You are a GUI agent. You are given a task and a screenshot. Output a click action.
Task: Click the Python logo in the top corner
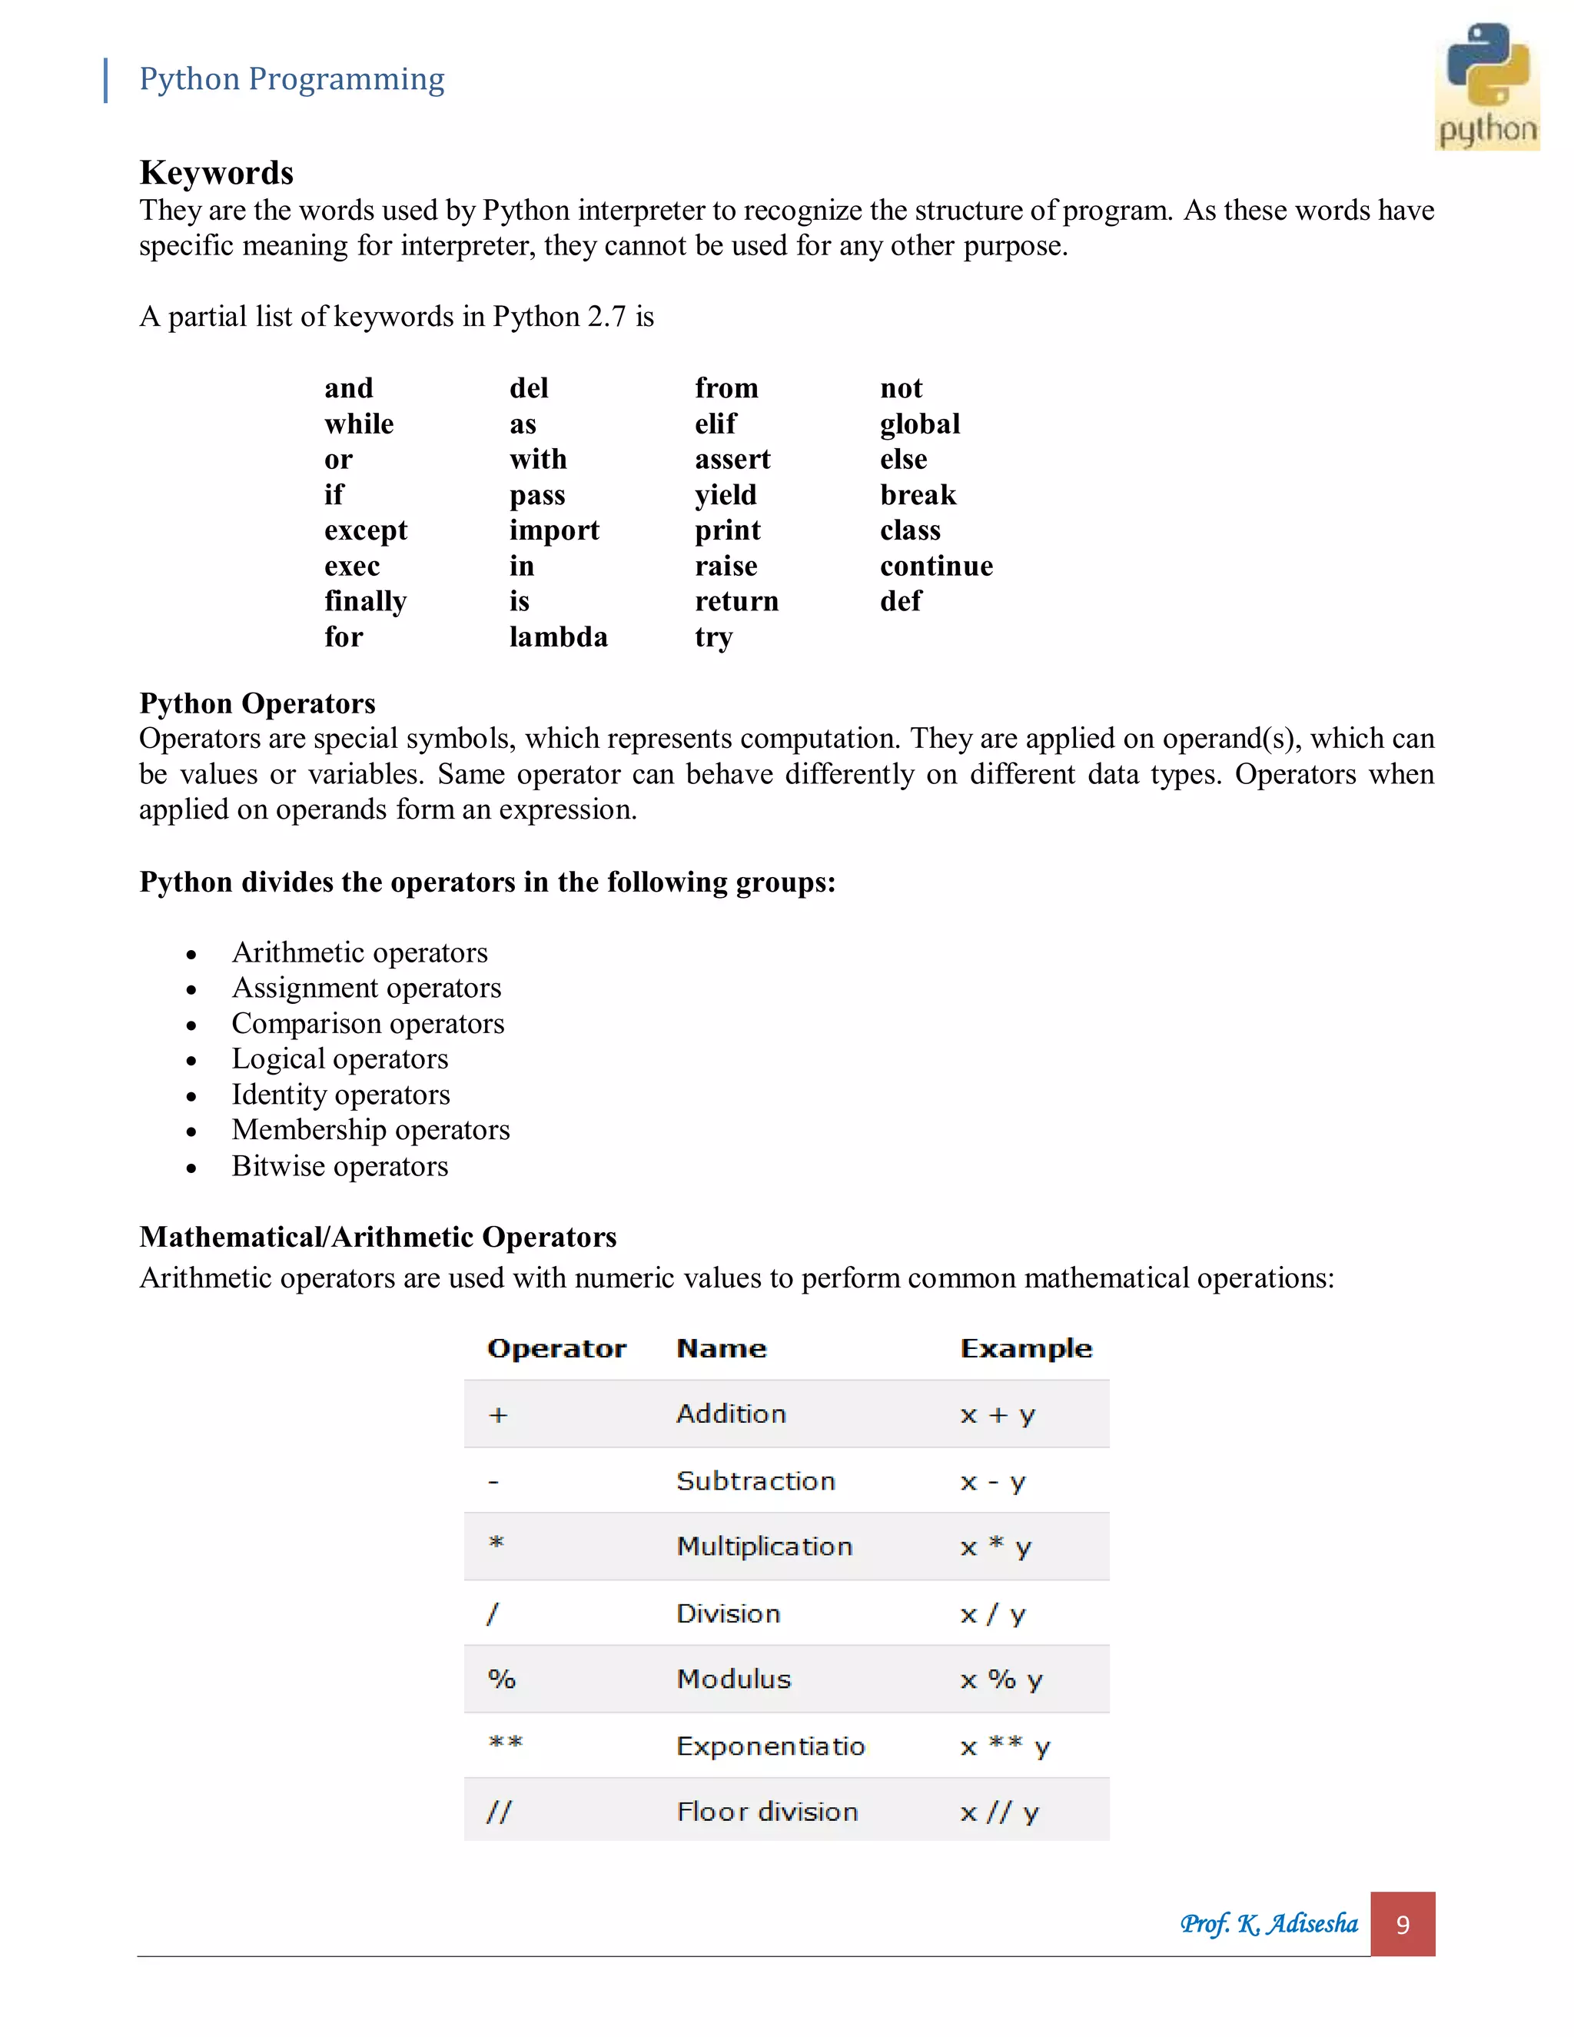(x=1486, y=86)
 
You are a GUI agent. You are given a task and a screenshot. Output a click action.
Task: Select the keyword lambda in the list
(x=558, y=637)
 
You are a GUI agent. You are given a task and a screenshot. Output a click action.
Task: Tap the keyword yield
(x=726, y=494)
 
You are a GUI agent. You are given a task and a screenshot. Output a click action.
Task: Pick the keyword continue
(x=936, y=567)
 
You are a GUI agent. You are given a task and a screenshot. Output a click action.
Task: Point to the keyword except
(x=366, y=530)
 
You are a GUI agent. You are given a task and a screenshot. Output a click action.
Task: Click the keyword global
(x=919, y=424)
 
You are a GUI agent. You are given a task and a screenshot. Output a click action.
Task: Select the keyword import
(x=554, y=530)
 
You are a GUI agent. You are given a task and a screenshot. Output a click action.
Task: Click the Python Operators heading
(x=257, y=703)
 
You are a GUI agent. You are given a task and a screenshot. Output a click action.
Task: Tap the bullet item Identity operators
(x=340, y=1094)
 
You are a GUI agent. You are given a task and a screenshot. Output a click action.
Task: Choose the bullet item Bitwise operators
(x=340, y=1166)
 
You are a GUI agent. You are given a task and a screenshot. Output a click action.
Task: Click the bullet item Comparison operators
(x=367, y=1023)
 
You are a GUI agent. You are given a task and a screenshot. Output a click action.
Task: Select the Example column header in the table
(x=1026, y=1349)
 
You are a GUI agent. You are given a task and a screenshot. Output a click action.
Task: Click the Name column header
(x=721, y=1349)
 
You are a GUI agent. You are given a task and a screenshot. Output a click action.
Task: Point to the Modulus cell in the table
(x=733, y=1679)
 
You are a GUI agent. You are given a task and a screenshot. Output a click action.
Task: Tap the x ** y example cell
(x=1005, y=1746)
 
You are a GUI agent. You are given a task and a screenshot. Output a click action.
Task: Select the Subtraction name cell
(x=755, y=1481)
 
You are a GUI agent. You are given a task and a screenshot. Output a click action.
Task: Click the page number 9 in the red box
(x=1403, y=1924)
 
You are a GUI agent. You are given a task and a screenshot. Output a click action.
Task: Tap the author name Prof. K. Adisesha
(x=1268, y=1924)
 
